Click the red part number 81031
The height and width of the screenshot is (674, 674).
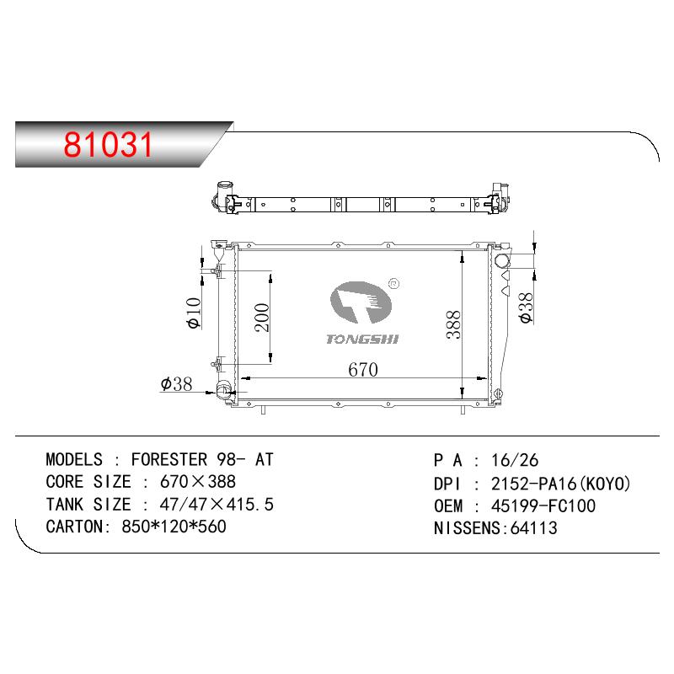point(109,144)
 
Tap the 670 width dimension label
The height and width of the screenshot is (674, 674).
point(363,370)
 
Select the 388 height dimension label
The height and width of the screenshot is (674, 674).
point(453,324)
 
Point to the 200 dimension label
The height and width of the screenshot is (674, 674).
point(262,318)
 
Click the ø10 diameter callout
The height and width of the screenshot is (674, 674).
point(194,313)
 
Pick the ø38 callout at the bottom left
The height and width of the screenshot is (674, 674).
point(176,384)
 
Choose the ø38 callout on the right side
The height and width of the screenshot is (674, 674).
point(526,308)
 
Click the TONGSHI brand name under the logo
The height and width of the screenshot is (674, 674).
point(362,340)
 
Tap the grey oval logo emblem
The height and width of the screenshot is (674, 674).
point(361,302)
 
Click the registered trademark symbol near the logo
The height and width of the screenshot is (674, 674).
point(393,283)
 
